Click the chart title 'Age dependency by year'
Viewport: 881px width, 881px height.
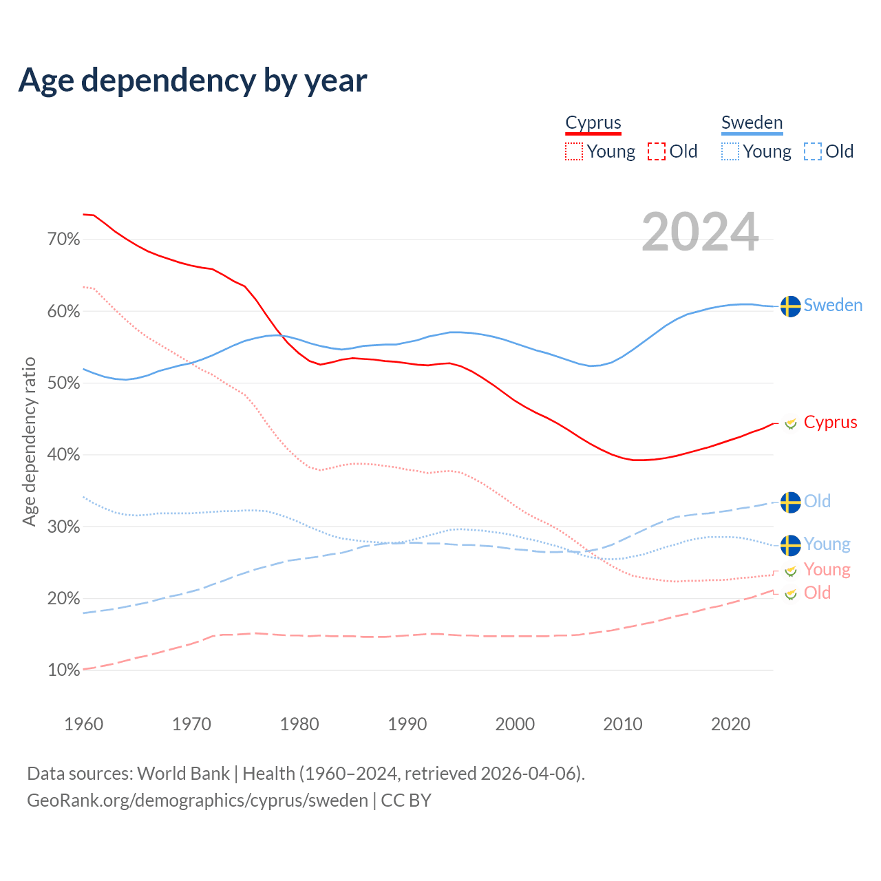[193, 81]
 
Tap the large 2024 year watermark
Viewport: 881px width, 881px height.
[700, 233]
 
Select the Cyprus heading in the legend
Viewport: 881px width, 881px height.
[593, 123]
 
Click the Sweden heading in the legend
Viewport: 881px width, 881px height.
[752, 123]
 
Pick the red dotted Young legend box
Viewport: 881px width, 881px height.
[574, 151]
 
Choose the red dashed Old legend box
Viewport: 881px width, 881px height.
[657, 151]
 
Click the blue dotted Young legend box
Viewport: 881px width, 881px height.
[730, 151]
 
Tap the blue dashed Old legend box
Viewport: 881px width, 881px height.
[813, 151]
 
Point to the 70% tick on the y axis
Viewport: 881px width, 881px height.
[63, 240]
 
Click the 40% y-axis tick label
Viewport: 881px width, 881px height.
[63, 455]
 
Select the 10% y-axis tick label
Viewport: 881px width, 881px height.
[63, 670]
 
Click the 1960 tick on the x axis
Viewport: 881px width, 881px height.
[83, 724]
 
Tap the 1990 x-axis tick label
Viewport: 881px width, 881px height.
[407, 724]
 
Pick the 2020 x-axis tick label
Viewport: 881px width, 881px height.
[730, 724]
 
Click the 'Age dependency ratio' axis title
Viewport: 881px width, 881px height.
[29, 441]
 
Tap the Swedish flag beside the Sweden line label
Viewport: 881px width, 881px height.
[791, 306]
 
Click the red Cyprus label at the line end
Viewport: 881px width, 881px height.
[830, 422]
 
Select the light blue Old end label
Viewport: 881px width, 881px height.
[817, 501]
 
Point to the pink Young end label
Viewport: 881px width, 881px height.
[827, 569]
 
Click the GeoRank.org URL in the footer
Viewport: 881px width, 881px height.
[198, 800]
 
